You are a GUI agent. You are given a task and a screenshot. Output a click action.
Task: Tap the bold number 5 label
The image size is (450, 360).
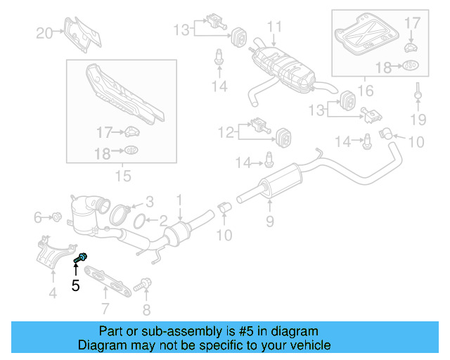75,285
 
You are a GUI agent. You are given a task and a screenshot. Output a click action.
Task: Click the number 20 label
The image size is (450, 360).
44,32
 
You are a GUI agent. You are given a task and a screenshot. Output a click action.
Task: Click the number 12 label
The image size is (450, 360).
226,131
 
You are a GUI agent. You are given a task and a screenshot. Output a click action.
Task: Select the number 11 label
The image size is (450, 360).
274,27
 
